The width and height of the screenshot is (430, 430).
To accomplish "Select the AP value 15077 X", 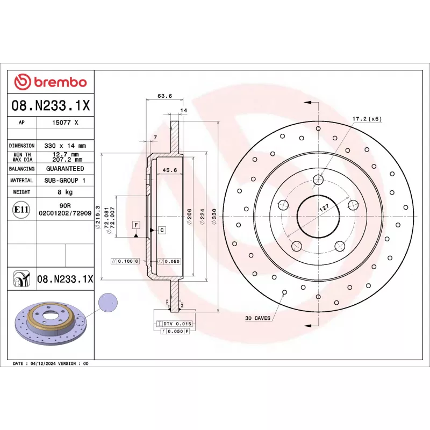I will click(65, 123).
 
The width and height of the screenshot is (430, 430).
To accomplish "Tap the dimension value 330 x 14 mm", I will click(65, 146).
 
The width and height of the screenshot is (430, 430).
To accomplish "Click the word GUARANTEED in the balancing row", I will click(65, 169).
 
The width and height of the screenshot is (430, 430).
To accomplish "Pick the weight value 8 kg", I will click(65, 192).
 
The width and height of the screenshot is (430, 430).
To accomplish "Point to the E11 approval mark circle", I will click(21, 210).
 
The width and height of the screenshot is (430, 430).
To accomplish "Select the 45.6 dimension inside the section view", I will click(170, 170).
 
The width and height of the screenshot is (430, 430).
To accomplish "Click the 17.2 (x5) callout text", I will click(367, 119).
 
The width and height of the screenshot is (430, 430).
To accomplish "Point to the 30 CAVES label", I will click(258, 318).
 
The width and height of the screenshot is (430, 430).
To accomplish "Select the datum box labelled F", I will click(136, 224).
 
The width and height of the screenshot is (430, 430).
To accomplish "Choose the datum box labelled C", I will click(161, 230).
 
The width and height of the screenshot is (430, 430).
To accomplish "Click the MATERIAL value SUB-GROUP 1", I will click(65, 181).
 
